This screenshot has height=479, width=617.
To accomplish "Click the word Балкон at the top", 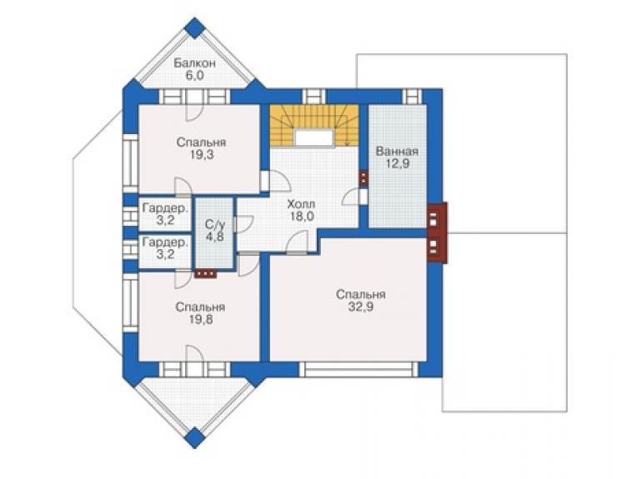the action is (195, 63).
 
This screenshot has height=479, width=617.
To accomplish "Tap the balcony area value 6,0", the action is (195, 76).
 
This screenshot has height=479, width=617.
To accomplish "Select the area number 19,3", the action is (201, 155).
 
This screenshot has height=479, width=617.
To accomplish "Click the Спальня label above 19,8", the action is (200, 307).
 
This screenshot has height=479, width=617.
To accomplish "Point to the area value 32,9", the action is (361, 307).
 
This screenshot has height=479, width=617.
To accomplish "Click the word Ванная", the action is (397, 152).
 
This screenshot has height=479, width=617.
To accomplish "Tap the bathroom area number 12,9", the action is (397, 163).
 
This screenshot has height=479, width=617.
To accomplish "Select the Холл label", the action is (302, 204).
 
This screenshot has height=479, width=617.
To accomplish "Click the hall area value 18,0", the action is (302, 216).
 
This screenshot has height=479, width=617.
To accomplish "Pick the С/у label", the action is (215, 225).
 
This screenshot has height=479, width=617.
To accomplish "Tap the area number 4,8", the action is (215, 237).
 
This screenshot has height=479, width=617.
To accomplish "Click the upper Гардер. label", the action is (165, 208).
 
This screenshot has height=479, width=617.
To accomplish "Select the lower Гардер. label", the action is (165, 242).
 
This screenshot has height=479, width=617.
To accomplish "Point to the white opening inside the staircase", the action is (314, 137).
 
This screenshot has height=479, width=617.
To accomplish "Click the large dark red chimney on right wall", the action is (437, 232).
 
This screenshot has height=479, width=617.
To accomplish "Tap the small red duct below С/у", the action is (205, 273).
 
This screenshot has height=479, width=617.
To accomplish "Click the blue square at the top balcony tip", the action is (195, 27).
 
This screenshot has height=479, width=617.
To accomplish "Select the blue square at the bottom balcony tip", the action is (195, 437).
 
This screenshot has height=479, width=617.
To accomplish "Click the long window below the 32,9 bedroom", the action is (359, 370).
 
